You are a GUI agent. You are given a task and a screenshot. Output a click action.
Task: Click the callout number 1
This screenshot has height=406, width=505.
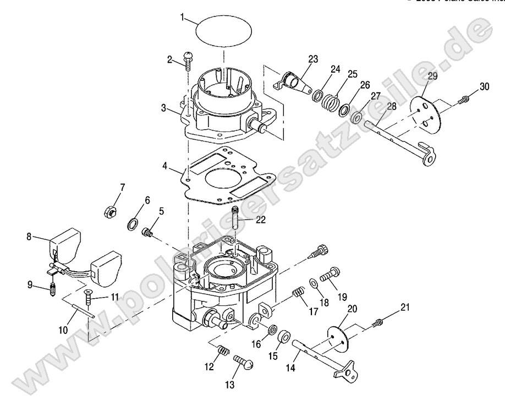tap(182, 18)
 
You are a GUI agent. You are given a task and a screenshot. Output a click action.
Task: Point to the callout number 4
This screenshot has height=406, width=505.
tap(165, 166)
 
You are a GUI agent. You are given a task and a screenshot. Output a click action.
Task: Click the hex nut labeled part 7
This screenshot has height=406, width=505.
tap(109, 210)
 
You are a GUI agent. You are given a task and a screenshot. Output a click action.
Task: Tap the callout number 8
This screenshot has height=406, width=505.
tap(29, 237)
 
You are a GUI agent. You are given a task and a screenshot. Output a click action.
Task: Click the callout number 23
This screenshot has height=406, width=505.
tap(312, 59)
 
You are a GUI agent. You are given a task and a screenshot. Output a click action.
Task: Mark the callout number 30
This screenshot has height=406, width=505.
tap(484, 86)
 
